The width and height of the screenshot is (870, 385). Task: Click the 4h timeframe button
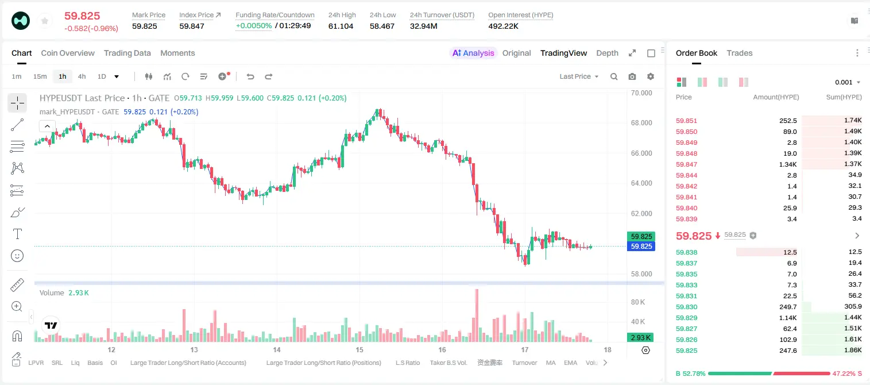click(82, 76)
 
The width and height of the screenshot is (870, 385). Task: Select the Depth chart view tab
click(607, 53)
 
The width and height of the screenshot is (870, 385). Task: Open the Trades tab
click(740, 53)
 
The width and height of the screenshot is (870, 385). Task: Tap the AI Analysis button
click(473, 53)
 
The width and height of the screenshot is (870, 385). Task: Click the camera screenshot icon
click(632, 76)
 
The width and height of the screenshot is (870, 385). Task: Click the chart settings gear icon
click(651, 76)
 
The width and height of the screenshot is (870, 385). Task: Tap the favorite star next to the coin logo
click(45, 21)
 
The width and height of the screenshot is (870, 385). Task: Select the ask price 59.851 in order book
click(686, 121)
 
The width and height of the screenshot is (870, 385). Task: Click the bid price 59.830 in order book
click(686, 307)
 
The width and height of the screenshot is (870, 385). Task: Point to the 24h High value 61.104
click(341, 26)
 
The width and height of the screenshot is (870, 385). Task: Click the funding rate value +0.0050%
click(254, 26)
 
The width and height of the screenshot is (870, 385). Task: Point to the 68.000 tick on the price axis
click(641, 123)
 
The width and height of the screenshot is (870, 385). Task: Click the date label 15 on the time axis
click(359, 349)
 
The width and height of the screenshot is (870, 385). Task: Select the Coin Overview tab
click(68, 53)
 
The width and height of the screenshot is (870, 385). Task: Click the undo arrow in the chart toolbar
click(250, 76)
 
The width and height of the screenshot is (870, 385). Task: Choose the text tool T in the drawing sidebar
click(17, 234)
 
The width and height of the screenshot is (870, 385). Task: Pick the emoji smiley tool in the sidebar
click(17, 256)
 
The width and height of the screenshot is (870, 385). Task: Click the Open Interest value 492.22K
click(503, 26)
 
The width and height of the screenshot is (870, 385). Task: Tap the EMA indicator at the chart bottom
click(570, 363)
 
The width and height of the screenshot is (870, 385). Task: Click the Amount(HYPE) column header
click(776, 97)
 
